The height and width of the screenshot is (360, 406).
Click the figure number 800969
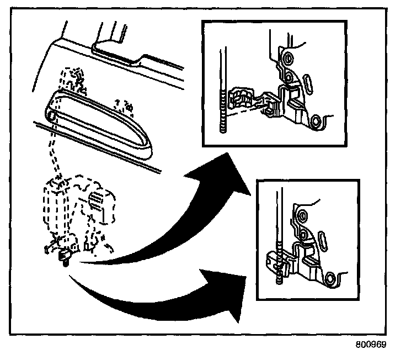click(x=371, y=343)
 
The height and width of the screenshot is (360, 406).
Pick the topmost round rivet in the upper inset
click(x=287, y=59)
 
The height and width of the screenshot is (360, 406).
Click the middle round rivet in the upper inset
click(x=288, y=74)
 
